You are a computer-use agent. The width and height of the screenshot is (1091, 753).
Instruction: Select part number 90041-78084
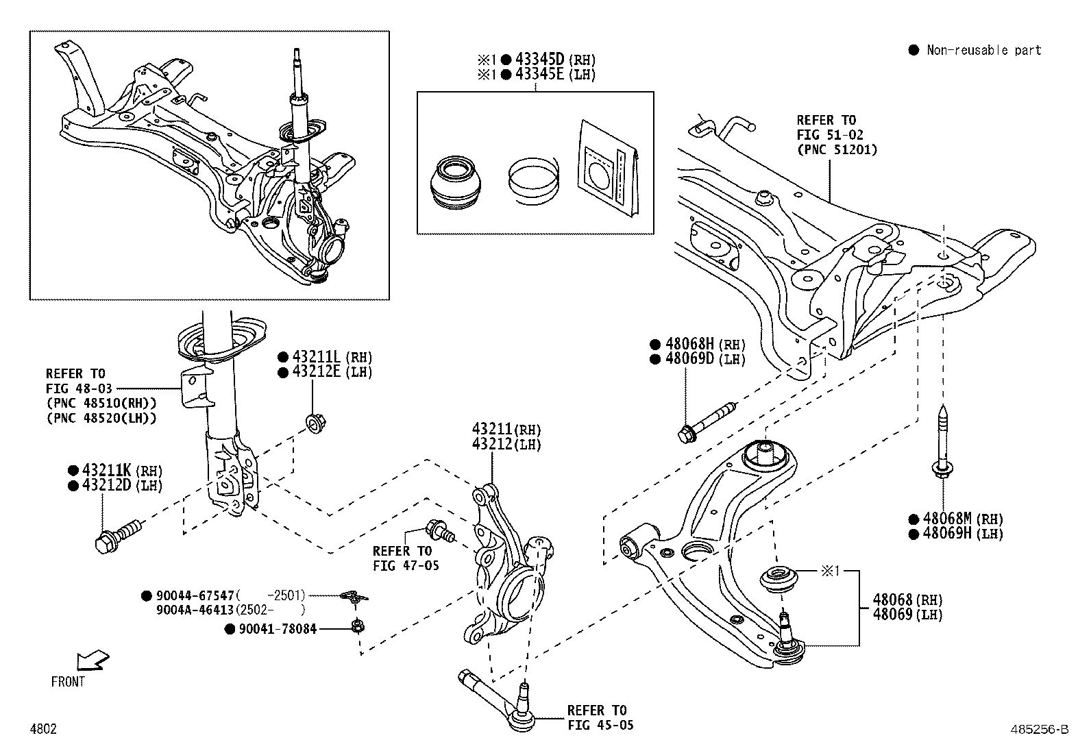(x=278, y=628)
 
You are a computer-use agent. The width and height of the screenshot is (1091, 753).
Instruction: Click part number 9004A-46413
(x=195, y=610)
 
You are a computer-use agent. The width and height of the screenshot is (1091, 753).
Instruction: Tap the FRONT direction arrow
(x=92, y=661)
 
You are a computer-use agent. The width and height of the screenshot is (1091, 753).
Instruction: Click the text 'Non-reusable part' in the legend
(x=983, y=50)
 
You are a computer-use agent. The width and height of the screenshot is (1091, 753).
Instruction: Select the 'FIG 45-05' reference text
(x=600, y=726)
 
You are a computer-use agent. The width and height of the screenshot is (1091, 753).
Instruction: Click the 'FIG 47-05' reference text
(x=406, y=566)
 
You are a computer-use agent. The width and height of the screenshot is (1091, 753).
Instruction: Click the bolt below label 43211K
(x=118, y=535)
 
